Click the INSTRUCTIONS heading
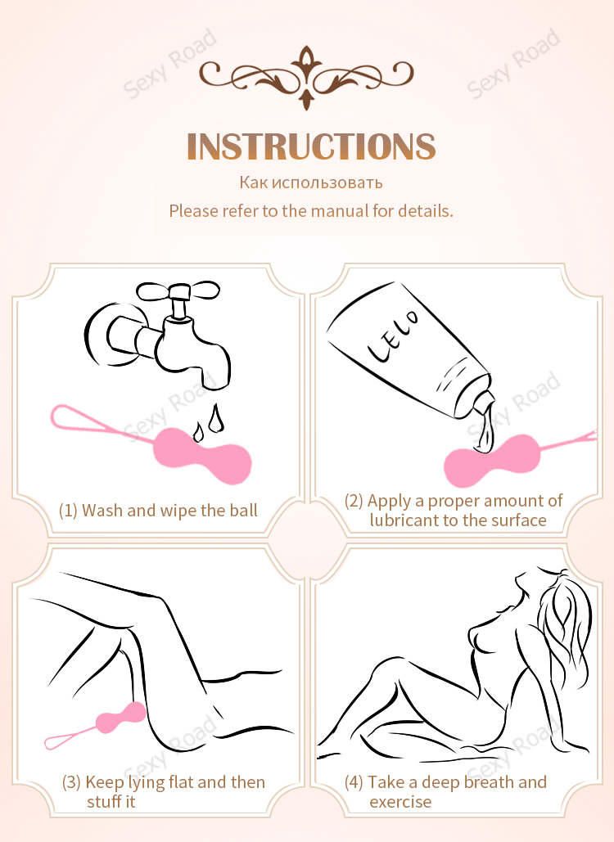click(311, 146)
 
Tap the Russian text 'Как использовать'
click(311, 182)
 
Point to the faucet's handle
click(178, 291)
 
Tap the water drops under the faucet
click(209, 422)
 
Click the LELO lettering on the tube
click(392, 335)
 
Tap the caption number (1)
click(68, 510)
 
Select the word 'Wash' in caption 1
click(102, 510)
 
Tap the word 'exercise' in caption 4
click(400, 802)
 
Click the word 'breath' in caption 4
click(488, 782)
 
